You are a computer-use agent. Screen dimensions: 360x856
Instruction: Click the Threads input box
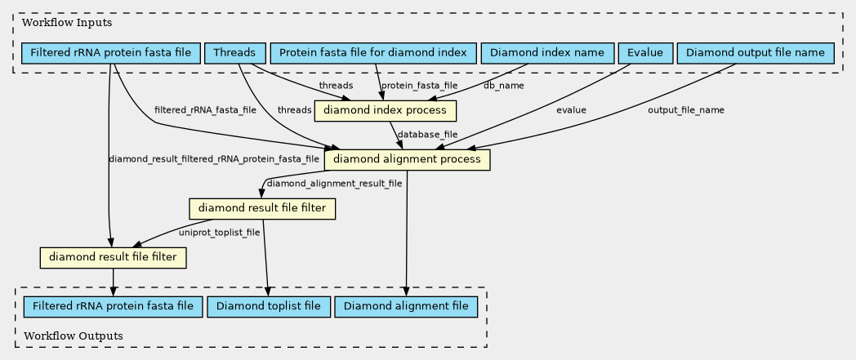tap(234, 53)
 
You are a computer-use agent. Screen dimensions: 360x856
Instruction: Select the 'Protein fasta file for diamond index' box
tap(372, 53)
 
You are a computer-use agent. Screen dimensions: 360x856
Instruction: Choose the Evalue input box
tap(645, 53)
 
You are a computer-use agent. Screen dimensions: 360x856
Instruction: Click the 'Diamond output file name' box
tap(756, 53)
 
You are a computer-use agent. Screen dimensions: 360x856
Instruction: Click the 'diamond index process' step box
tap(385, 110)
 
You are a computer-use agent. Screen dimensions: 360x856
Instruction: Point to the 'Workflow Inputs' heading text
tap(60, 23)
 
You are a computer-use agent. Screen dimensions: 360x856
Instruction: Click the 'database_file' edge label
tap(428, 134)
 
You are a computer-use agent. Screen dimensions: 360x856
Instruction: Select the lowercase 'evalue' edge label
tap(571, 110)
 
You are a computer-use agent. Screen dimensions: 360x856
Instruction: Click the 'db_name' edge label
tap(504, 85)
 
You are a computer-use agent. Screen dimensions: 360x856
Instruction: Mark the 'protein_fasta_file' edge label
tap(420, 86)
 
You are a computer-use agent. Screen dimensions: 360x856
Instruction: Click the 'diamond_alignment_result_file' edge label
tap(335, 184)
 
